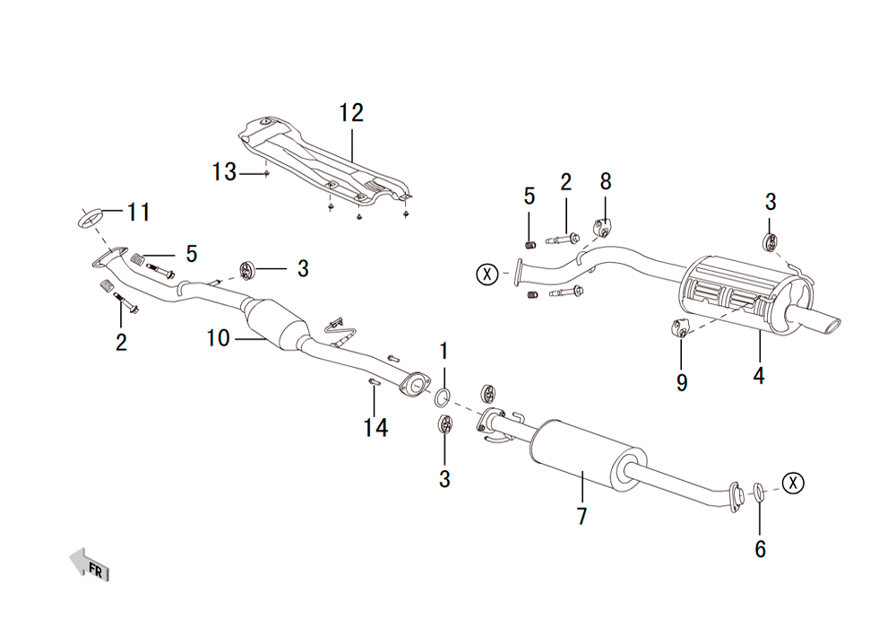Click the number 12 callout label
click(351, 113)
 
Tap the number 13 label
click(224, 171)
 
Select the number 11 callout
click(138, 213)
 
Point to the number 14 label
click(375, 428)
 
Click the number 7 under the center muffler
click(582, 516)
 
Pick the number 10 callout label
click(219, 338)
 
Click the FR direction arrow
click(89, 564)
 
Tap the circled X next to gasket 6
click(793, 484)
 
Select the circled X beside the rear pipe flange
click(487, 274)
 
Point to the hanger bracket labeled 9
click(679, 329)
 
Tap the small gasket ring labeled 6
click(758, 492)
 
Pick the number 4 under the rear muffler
click(758, 376)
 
